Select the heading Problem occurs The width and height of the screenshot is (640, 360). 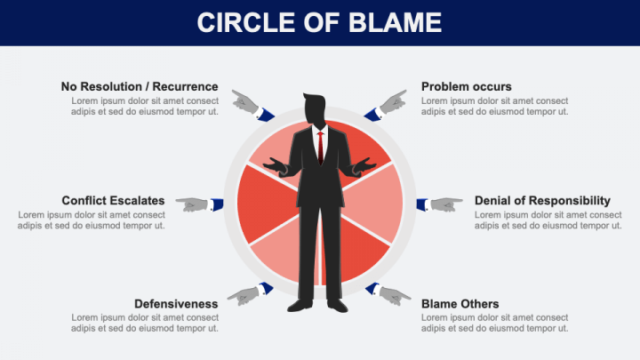[x=466, y=86]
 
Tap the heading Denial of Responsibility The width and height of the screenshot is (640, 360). [x=542, y=200]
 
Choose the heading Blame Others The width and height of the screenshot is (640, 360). [x=460, y=303]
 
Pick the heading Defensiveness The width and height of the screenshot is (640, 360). [x=176, y=303]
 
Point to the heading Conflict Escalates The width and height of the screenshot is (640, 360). [x=113, y=200]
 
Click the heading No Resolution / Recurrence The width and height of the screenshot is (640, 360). [x=140, y=86]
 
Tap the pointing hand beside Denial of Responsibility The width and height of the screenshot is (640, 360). [x=439, y=204]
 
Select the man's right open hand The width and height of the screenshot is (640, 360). [x=276, y=166]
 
